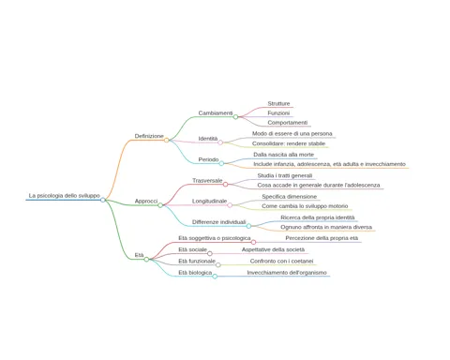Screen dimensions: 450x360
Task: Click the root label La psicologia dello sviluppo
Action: point(65,196)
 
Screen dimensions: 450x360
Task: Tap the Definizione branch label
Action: point(149,136)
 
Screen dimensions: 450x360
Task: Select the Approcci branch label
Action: point(146,201)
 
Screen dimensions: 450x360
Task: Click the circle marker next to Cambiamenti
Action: point(235,117)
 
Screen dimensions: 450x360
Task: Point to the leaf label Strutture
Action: point(278,103)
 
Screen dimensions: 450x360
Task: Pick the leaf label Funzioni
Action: point(278,112)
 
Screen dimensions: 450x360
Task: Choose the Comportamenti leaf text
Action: point(288,123)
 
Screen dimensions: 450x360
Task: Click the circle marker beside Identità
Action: point(220,142)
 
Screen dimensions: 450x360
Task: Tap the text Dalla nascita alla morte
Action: point(283,155)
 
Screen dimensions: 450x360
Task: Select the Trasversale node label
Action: point(207,181)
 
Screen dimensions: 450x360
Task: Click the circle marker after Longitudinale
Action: point(230,205)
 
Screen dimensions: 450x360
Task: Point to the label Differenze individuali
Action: point(219,222)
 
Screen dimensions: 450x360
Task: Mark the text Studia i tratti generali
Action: point(285,175)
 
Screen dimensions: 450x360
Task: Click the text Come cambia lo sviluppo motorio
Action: point(305,206)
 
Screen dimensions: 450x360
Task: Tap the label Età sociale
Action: point(192,249)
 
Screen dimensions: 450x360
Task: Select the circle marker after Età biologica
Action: point(215,277)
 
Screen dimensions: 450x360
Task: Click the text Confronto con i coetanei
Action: point(281,261)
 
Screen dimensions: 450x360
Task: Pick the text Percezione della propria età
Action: point(322,238)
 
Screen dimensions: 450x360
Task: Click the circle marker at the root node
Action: point(103,200)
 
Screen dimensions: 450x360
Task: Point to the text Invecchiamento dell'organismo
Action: point(287,273)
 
